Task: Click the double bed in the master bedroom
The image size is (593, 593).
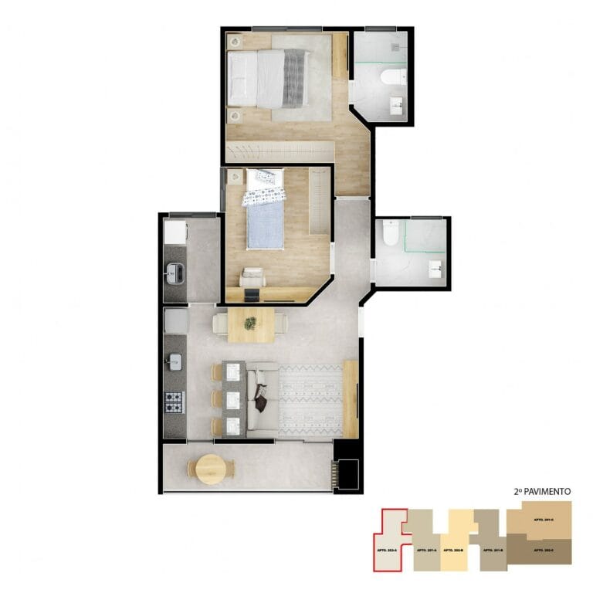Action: [266, 77]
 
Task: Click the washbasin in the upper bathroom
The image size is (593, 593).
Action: [396, 106]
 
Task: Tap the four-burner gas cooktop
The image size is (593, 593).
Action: [175, 402]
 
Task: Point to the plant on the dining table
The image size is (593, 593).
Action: [250, 324]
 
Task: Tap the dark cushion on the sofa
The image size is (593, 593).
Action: [261, 402]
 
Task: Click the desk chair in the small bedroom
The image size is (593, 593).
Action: [252, 276]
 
